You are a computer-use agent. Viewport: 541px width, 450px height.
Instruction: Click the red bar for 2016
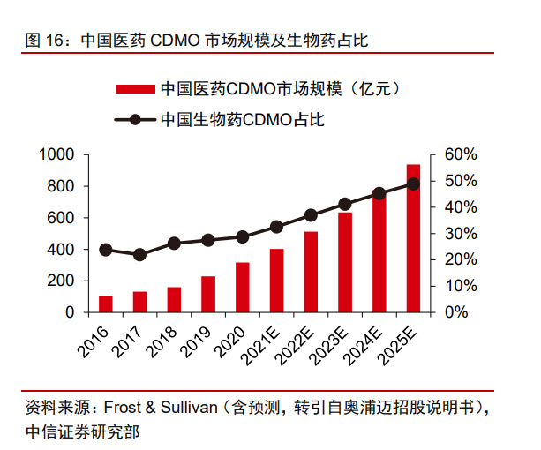point(106,304)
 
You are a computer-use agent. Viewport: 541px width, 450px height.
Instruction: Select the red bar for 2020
point(243,287)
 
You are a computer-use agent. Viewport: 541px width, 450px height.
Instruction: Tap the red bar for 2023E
point(345,262)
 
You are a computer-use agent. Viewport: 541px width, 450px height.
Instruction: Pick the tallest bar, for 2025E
point(413,238)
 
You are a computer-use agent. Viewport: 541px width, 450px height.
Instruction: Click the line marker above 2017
point(139,255)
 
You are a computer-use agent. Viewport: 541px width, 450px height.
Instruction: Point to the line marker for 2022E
point(311,215)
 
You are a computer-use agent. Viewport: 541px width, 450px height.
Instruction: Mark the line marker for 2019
point(208,240)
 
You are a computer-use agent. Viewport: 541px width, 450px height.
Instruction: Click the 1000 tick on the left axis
point(57,155)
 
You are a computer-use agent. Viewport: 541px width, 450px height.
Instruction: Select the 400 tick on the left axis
point(62,250)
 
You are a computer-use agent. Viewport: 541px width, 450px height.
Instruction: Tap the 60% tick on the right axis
point(461,155)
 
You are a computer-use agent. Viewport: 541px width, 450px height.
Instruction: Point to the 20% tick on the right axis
point(461,260)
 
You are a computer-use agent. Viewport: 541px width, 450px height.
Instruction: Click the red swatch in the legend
point(135,89)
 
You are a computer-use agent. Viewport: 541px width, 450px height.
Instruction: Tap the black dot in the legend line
point(135,119)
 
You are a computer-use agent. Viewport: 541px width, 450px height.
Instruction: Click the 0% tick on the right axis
point(456,312)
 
